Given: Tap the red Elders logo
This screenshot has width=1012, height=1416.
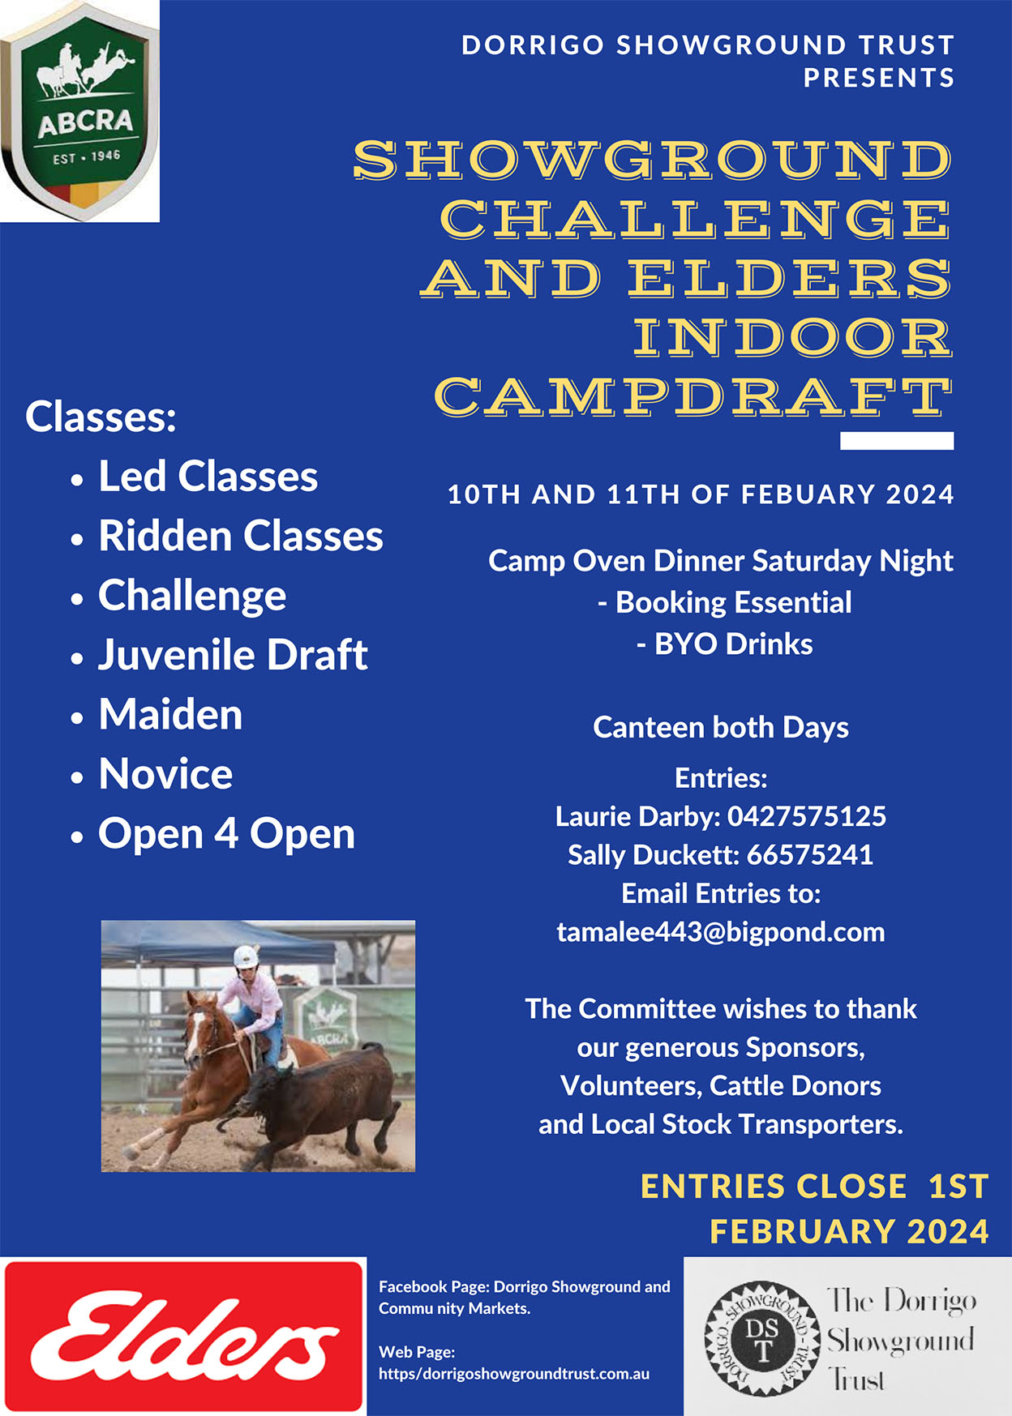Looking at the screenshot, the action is (183, 1336).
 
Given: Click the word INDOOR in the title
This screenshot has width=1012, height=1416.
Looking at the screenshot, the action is (792, 337).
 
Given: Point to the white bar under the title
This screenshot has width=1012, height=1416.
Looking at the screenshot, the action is (897, 441).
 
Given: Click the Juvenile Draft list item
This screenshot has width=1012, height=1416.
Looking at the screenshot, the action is (233, 655).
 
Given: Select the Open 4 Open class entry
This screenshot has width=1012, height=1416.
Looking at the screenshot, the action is (227, 834).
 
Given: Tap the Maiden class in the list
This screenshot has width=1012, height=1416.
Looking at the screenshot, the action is (170, 714).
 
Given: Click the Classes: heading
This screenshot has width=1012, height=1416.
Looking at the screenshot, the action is (101, 417).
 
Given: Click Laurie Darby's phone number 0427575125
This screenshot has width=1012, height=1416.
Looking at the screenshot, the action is (807, 816).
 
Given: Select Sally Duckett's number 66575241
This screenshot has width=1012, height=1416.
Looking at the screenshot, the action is (810, 855).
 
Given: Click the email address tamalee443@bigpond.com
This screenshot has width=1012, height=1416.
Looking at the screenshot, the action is (721, 933).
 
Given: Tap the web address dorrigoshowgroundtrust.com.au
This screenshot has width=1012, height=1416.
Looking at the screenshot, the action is (514, 1374).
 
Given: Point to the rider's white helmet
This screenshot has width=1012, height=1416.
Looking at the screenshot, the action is (246, 956).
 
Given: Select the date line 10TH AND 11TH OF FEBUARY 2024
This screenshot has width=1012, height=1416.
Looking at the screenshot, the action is (701, 494).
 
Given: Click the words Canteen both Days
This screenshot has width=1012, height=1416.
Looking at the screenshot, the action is (721, 728).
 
